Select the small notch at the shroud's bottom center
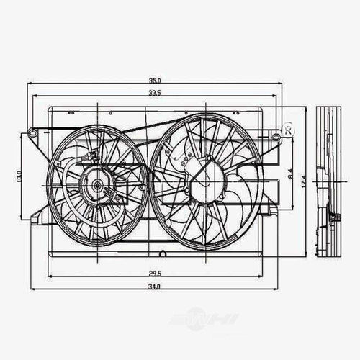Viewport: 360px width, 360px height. (x=163, y=253)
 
